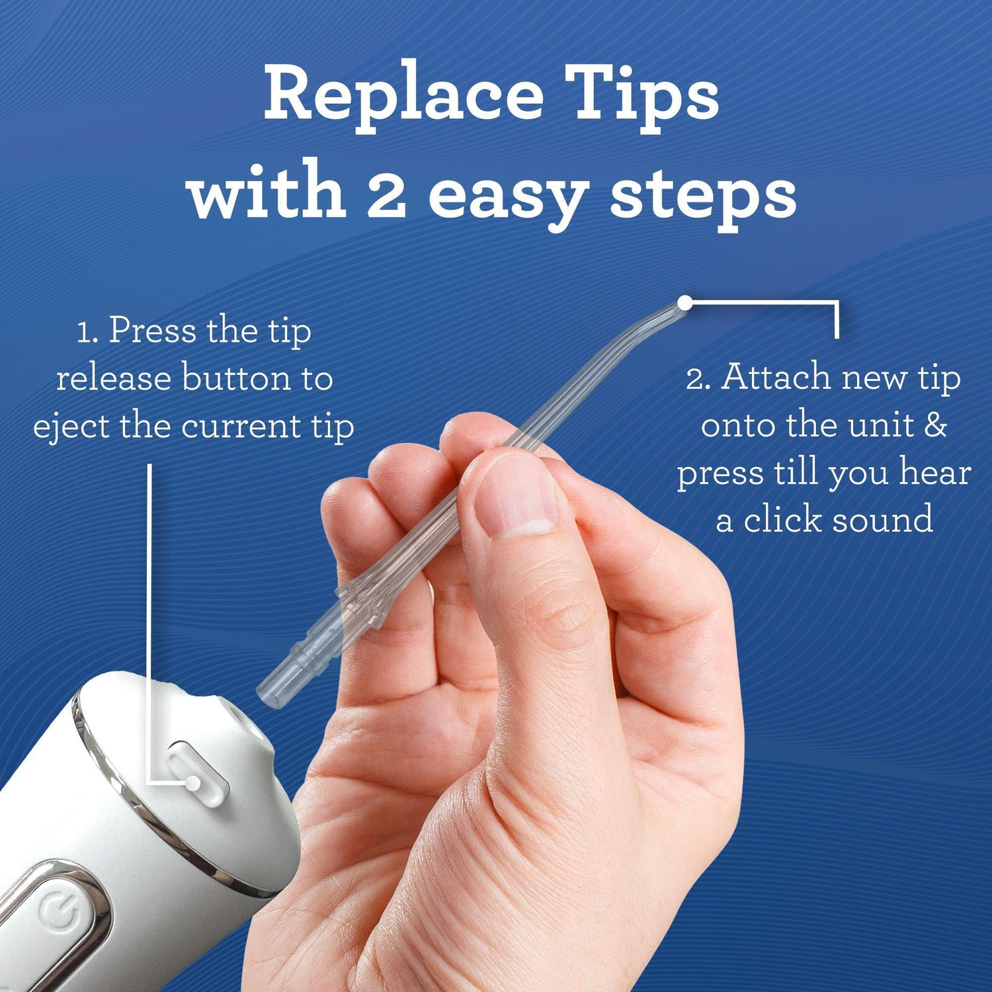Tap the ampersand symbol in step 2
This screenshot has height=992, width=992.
[x=934, y=425]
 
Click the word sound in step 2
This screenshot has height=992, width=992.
[x=882, y=520]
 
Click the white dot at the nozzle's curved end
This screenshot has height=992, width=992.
[x=685, y=304]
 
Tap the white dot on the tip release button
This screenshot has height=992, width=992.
[x=192, y=783]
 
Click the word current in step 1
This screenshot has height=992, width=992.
[x=241, y=427]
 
